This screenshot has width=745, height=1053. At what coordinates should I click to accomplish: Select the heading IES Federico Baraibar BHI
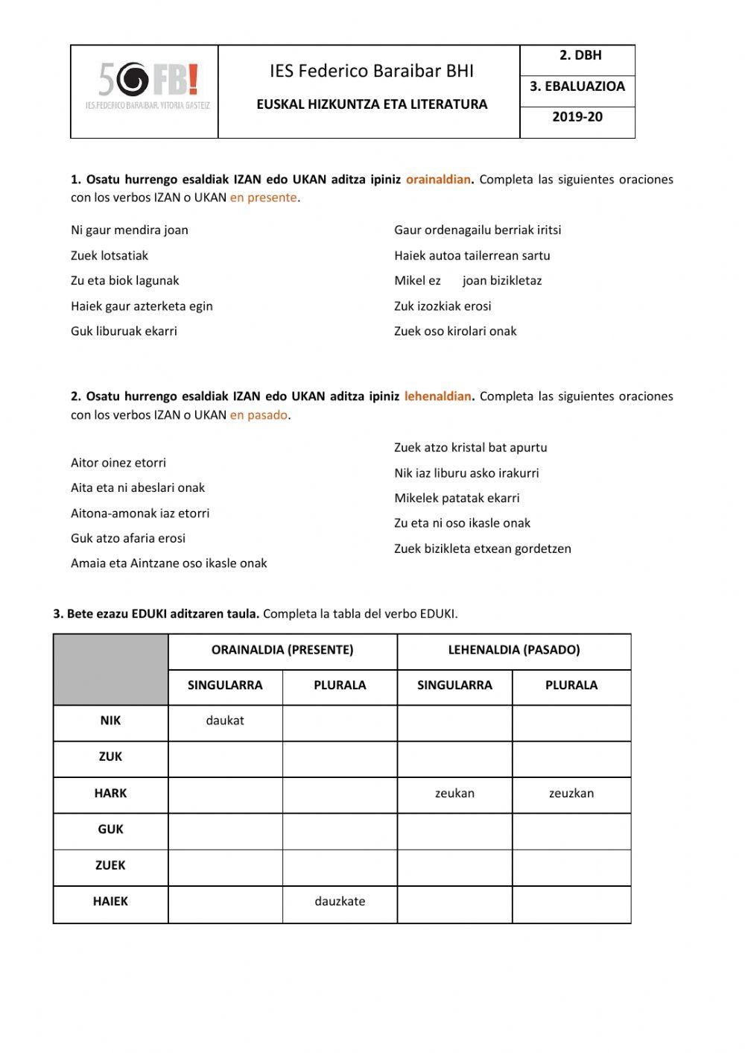(371, 72)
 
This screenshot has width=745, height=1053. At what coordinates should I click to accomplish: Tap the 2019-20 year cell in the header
(577, 117)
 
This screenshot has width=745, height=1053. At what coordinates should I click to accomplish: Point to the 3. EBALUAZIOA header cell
(577, 86)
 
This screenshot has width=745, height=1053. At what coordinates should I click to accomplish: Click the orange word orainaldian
(438, 180)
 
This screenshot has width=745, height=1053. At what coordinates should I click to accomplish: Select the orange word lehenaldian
(437, 396)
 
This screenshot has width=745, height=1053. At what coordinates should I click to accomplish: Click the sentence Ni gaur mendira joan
(130, 230)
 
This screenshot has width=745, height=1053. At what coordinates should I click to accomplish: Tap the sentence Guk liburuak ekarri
(124, 332)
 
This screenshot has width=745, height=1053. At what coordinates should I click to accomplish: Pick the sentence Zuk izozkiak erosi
(443, 306)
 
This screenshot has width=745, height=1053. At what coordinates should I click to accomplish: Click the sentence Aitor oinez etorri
(118, 463)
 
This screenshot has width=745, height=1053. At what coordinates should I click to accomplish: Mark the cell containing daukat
(225, 721)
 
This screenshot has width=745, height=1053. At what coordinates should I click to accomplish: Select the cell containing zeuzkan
(571, 794)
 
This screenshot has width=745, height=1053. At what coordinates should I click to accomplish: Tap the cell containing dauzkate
(340, 902)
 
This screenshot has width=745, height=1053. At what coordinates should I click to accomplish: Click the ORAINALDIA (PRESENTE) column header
(282, 650)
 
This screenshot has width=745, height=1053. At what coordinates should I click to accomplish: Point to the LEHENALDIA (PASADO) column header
(514, 650)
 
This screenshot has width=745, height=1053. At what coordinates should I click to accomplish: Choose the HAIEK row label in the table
(110, 902)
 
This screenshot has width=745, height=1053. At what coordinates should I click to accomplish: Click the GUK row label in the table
(110, 829)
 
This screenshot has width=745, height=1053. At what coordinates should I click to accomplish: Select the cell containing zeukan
(454, 794)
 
